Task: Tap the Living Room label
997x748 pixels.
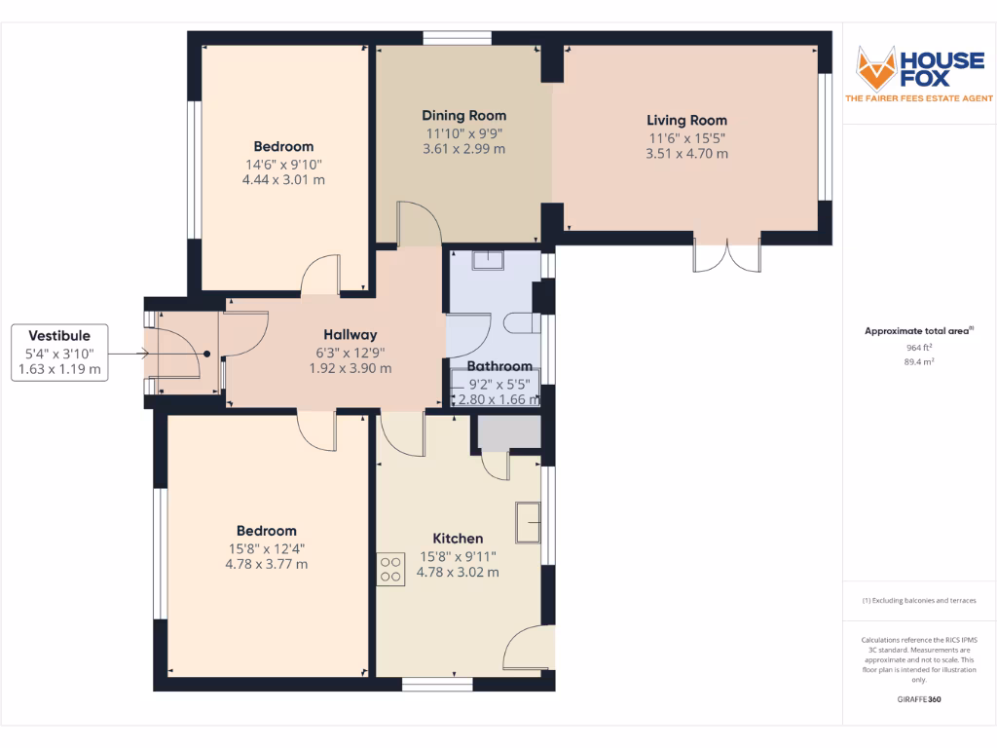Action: pos(686,121)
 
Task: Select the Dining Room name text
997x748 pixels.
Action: pos(463,114)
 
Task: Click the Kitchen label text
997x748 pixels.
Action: pos(458,539)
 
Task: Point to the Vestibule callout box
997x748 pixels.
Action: pos(60,353)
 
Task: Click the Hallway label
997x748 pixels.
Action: pos(350,335)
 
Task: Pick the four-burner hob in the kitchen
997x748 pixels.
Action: pos(391,570)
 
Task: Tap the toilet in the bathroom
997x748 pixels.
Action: pos(522,322)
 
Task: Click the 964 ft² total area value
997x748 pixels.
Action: pos(919,347)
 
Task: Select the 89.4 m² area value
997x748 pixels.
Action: pos(919,361)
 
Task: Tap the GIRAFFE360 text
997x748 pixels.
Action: pos(919,699)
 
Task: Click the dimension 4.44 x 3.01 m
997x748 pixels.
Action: pos(283,179)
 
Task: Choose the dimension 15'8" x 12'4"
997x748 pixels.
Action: pos(266,548)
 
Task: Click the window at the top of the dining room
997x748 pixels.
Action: pos(457,39)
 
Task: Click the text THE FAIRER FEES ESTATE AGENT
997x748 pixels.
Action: pos(919,98)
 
